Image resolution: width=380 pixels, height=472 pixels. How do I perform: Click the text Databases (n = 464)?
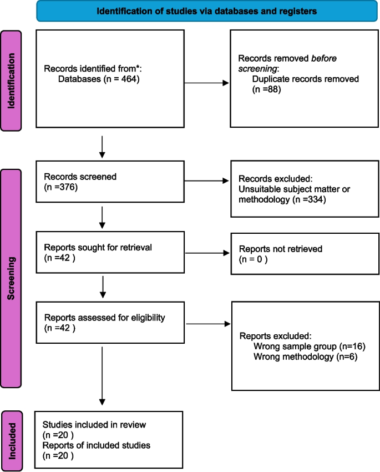98,79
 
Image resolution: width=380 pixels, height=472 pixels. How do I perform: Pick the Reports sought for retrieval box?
109,253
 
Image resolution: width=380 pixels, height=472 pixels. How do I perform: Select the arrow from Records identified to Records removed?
206,84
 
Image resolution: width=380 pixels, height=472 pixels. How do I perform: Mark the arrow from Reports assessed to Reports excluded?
207,323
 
